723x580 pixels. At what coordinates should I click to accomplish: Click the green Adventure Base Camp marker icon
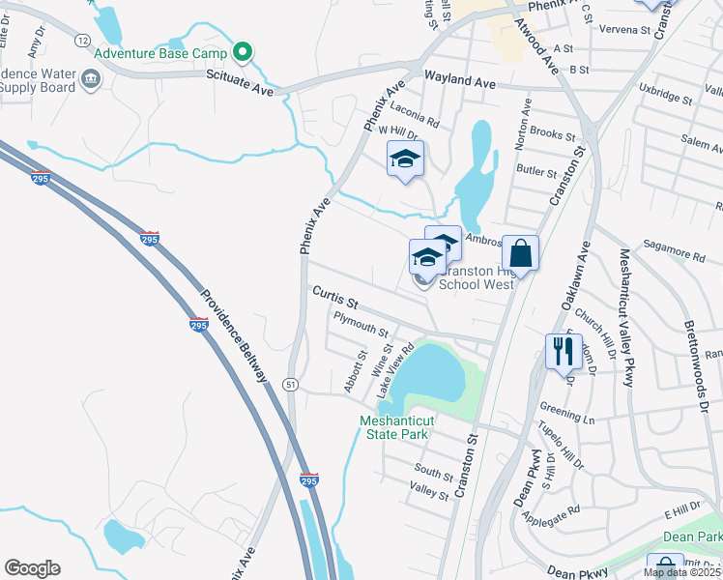(x=244, y=53)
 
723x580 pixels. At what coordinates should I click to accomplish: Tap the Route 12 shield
(x=83, y=41)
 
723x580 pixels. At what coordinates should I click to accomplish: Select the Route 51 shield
(x=290, y=385)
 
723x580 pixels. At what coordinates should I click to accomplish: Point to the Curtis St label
(x=334, y=293)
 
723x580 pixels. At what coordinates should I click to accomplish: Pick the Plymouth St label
(x=360, y=323)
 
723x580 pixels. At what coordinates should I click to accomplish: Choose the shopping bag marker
(x=520, y=253)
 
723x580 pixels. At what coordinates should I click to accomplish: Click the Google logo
(x=32, y=568)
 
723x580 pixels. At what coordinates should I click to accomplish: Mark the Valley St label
(x=429, y=495)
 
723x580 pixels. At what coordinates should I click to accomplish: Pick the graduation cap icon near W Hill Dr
(x=406, y=159)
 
